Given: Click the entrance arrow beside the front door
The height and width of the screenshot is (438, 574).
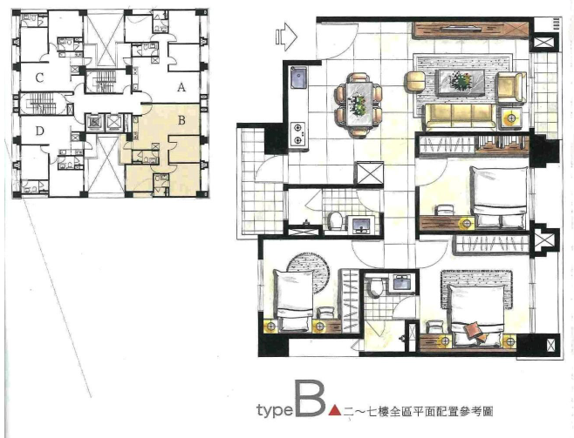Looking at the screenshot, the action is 286,37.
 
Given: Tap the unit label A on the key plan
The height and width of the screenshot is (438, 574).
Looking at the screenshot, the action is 181,88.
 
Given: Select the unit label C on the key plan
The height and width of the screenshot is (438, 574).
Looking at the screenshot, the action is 39,77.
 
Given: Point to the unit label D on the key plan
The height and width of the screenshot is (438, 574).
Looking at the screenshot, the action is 39,131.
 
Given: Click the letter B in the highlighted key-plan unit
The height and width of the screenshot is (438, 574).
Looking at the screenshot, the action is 181,120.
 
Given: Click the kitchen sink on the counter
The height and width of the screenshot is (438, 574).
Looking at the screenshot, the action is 299,78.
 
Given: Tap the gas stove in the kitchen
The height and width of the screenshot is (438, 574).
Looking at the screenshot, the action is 298,134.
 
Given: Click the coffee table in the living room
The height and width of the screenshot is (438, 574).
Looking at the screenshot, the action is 461,82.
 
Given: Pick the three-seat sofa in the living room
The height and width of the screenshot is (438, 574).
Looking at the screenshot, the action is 460,117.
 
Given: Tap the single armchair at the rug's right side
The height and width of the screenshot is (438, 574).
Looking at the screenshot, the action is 511,87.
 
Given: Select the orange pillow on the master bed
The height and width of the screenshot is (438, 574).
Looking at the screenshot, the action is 472,328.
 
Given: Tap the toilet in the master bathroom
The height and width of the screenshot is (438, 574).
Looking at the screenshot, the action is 375,286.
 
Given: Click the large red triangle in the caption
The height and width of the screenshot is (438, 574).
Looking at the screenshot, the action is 335,410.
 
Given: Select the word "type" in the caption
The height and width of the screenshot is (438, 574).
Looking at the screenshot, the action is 275,410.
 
